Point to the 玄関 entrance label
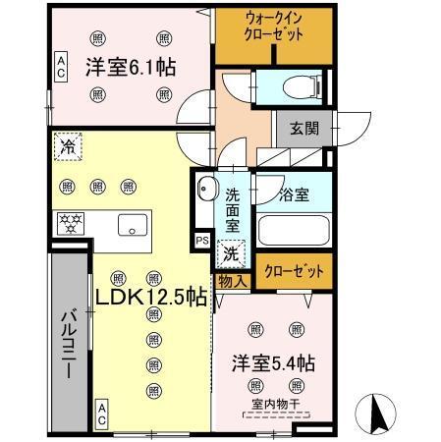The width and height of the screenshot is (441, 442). click(x=303, y=127)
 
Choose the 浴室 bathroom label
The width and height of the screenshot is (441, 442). click(x=294, y=193)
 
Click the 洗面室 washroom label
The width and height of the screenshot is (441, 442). click(x=233, y=209)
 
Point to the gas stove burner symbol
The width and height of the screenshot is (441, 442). click(x=70, y=221)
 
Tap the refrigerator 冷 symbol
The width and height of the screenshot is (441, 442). click(x=68, y=145)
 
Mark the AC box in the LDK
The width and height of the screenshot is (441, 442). click(x=101, y=413)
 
